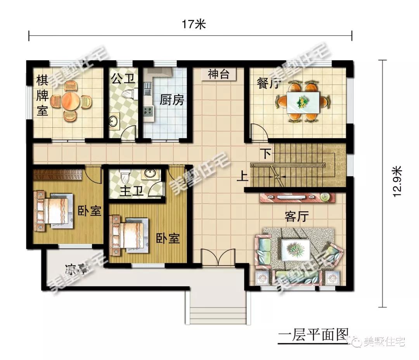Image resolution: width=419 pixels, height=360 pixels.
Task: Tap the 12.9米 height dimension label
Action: point(396,181)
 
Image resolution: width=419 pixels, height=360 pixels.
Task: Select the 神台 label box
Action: point(218,75)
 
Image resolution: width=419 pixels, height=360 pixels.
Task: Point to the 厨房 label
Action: point(171,100)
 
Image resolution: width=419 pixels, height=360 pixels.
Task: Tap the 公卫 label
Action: point(123,80)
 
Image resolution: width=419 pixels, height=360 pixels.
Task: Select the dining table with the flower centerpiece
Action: point(303,102)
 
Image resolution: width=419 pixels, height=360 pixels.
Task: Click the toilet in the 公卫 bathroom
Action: point(128,94)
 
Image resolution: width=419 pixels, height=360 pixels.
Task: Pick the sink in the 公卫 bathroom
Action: point(114,122)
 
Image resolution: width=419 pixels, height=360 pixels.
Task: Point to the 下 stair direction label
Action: point(266,153)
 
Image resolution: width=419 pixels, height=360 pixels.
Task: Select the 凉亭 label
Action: point(76,269)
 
